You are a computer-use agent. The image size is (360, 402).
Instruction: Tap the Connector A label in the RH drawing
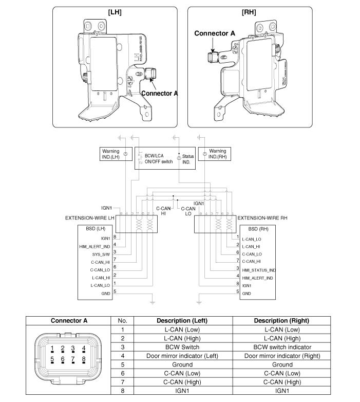pyautogui.click(x=215, y=33)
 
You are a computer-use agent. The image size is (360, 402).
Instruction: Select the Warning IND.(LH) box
pyautogui.click(x=111, y=154)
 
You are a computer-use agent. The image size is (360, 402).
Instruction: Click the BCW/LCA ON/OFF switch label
pyautogui.click(x=158, y=157)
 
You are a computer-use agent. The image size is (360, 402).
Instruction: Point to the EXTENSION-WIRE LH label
pyautogui.click(x=90, y=218)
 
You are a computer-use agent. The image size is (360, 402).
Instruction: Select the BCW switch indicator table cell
pyautogui.click(x=282, y=346)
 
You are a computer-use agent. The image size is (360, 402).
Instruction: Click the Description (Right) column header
pyautogui.click(x=282, y=321)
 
